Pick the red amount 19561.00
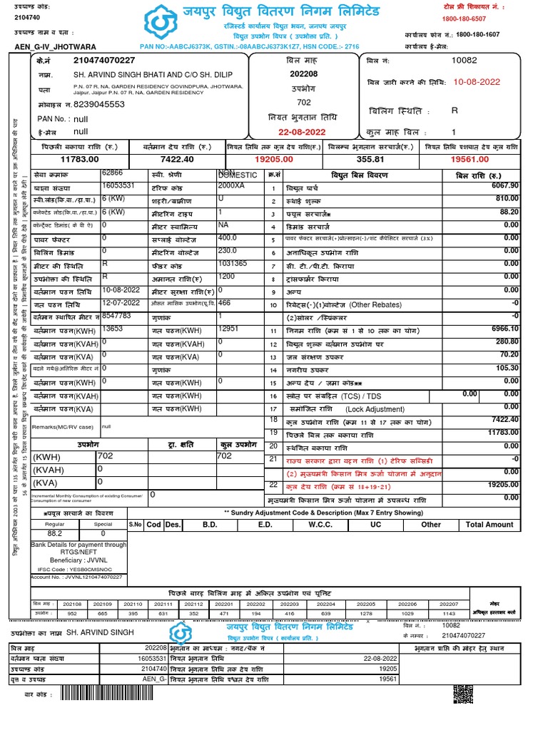[x=474, y=160]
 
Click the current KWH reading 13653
[x=113, y=329]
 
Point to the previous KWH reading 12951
[x=230, y=329]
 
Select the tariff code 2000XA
[x=230, y=185]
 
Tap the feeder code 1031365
[x=233, y=263]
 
